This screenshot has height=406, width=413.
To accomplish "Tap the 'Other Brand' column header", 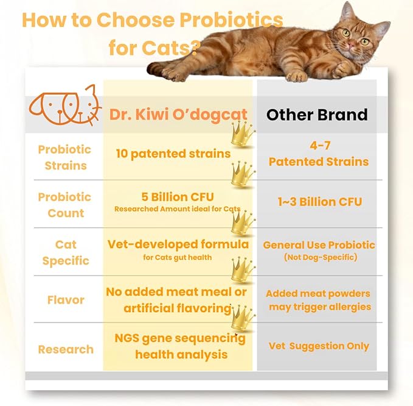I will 318,114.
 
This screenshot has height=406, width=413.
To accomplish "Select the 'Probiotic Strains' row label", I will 64,157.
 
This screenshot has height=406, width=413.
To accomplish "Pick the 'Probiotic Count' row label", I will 64,205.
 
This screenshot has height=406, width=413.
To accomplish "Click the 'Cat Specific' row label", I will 65,252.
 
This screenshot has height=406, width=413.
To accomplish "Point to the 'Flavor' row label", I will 65,300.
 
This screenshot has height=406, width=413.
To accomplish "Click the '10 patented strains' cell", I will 173,153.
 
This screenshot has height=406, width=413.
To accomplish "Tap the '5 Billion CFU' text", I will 173,197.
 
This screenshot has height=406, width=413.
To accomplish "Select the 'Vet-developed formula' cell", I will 178,244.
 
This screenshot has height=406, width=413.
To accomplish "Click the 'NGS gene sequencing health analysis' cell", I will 181,346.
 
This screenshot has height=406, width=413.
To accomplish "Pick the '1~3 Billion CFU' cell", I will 319,202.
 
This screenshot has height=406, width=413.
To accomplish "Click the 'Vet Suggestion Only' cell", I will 319,346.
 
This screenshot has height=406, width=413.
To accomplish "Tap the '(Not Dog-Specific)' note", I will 319,258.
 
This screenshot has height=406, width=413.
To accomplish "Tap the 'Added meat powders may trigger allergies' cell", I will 319,300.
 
